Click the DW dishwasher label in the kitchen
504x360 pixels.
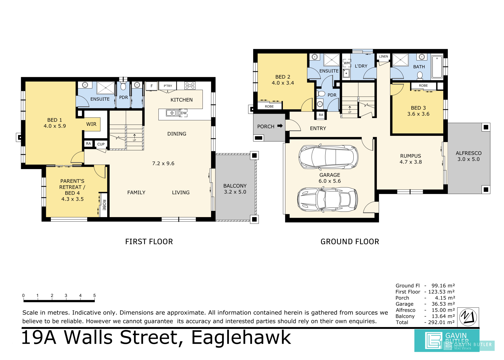pyautogui.click(x=184, y=113)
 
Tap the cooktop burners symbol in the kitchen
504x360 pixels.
pyautogui.click(x=190, y=86)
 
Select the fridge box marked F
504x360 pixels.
pyautogui.click(x=151, y=86)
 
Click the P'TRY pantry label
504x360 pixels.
pyautogui.click(x=168, y=86)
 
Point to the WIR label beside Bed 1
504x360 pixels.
pyautogui.click(x=91, y=124)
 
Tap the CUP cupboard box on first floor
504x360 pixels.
pyautogui.click(x=101, y=144)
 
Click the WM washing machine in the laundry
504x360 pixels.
pyautogui.click(x=347, y=63)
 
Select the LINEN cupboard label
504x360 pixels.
pyautogui.click(x=383, y=56)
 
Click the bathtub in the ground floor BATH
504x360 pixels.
pyautogui.click(x=437, y=66)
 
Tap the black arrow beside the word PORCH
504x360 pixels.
pyautogui.click(x=280, y=126)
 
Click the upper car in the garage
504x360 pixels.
pyautogui.click(x=328, y=157)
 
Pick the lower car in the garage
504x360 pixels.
pyautogui.click(x=327, y=199)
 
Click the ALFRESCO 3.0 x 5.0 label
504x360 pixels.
pyautogui.click(x=468, y=156)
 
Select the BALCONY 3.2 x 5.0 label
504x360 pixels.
pyautogui.click(x=235, y=189)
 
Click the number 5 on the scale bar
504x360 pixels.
pyautogui.click(x=94, y=295)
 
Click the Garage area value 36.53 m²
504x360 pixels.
pyautogui.click(x=443, y=304)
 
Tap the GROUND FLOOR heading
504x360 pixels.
pyautogui.click(x=350, y=241)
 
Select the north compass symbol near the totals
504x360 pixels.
pyautogui.click(x=468, y=317)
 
